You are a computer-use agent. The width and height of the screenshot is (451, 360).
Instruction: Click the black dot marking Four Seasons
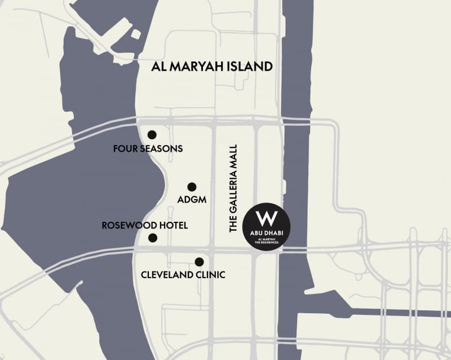coord(152,134)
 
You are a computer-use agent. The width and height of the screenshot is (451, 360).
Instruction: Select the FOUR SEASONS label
coord(148,150)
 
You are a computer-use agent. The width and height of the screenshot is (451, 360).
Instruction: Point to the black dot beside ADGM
coord(192,187)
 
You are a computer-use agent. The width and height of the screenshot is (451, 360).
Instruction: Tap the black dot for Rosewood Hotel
coord(152,238)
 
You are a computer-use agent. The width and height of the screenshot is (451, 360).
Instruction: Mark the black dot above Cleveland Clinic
coord(199,262)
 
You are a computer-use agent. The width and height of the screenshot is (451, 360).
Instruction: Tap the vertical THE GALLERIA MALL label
coord(235,188)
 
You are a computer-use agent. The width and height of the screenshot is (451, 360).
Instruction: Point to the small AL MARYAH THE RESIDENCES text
coord(267,241)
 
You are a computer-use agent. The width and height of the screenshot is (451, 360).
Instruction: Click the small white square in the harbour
coord(135,34)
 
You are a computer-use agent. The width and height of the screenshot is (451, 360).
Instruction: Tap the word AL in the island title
coord(158,67)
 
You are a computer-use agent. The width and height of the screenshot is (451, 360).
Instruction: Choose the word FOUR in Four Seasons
coord(125,150)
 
